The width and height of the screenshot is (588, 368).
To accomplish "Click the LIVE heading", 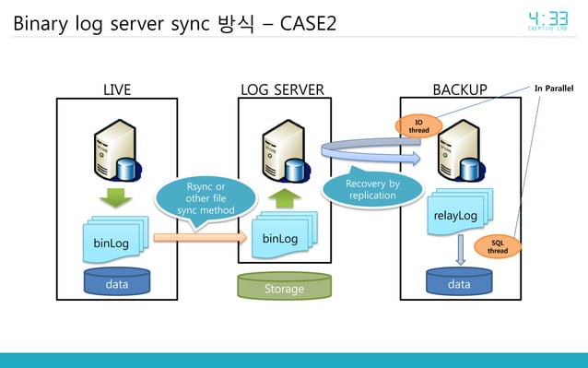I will point(116,89).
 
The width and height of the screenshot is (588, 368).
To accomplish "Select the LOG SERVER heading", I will point(282,89).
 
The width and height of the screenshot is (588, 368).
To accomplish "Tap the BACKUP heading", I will point(459,89).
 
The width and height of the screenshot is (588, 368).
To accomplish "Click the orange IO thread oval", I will point(418,126).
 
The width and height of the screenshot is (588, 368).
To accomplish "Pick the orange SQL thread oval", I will point(497,246).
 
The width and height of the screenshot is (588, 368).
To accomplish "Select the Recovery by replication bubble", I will point(371,190).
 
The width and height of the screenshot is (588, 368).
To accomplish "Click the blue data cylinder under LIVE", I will point(116,283).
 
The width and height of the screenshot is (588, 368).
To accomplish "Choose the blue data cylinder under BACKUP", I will point(459,283).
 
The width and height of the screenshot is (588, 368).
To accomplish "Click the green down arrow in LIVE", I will point(116,197).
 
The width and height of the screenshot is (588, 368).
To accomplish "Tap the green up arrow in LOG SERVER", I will point(285,197).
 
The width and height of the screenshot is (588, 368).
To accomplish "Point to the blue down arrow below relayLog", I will point(459,249).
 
